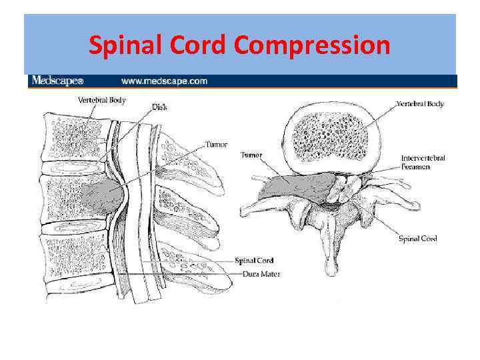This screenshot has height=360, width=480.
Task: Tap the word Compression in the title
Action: (x=312, y=45)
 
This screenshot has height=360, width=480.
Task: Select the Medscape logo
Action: (x=57, y=81)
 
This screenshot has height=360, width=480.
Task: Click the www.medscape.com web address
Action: (x=164, y=81)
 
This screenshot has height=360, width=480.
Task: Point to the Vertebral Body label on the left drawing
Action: (x=101, y=101)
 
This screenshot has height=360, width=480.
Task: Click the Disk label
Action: (x=159, y=106)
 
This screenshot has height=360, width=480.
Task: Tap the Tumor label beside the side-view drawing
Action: (x=216, y=144)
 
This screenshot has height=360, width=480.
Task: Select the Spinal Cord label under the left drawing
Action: (x=254, y=261)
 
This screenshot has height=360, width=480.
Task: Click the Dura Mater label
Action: (x=257, y=274)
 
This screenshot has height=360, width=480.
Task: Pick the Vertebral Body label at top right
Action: (x=420, y=104)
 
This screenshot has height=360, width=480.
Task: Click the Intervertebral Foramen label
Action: (x=423, y=162)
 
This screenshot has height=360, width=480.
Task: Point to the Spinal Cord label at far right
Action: (x=417, y=239)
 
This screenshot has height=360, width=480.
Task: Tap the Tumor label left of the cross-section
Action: (x=251, y=155)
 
